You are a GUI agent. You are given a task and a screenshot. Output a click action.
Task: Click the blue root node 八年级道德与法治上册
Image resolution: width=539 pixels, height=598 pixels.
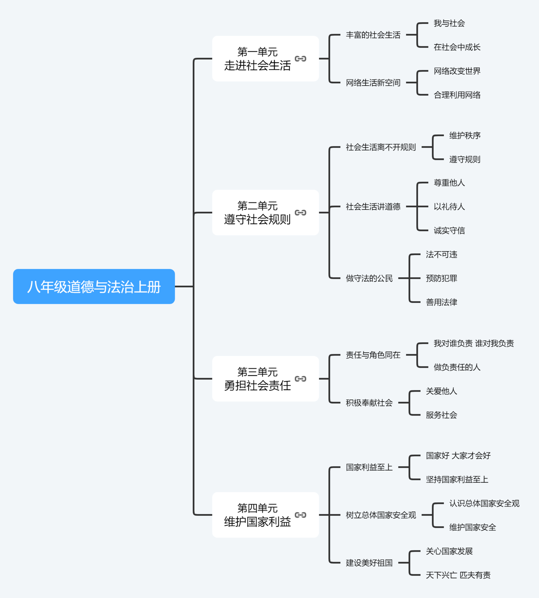pyautogui.click(x=94, y=287)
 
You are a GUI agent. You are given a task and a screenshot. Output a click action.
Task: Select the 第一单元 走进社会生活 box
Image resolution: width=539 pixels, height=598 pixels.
pyautogui.click(x=257, y=59)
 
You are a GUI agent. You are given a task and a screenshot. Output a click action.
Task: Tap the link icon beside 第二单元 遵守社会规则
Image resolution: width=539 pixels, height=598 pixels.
pyautogui.click(x=300, y=213)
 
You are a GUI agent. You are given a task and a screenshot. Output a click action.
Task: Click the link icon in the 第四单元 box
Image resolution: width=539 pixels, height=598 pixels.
pyautogui.click(x=300, y=515)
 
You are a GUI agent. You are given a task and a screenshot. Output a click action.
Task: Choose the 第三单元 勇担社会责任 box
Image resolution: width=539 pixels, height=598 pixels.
pyautogui.click(x=257, y=379)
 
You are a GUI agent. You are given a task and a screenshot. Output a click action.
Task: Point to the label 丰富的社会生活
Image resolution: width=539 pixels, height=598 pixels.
pyautogui.click(x=373, y=35)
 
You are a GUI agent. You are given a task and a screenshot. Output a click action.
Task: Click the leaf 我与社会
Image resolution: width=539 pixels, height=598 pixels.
pyautogui.click(x=449, y=23)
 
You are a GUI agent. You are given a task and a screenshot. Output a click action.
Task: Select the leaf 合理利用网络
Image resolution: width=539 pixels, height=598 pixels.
pyautogui.click(x=457, y=95)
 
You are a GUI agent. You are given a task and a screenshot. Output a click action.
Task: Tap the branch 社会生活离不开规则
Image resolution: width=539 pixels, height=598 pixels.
pyautogui.click(x=380, y=147)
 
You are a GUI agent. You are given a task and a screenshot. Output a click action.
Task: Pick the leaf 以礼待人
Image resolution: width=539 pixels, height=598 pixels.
pyautogui.click(x=449, y=207)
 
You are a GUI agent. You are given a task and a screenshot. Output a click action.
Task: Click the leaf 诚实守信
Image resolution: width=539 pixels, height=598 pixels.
pyautogui.click(x=449, y=231)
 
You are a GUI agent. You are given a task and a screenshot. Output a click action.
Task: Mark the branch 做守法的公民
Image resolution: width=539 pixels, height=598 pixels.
pyautogui.click(x=369, y=278)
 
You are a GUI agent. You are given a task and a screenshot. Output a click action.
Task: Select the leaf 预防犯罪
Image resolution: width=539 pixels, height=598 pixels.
pyautogui.click(x=441, y=278)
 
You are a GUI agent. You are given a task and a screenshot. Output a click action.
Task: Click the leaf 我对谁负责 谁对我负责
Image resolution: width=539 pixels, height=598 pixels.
pyautogui.click(x=474, y=344)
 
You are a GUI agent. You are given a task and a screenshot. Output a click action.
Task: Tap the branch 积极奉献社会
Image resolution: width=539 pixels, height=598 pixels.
pyautogui.click(x=369, y=403)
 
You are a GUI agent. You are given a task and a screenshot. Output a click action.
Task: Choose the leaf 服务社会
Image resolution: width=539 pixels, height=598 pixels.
pyautogui.click(x=441, y=415)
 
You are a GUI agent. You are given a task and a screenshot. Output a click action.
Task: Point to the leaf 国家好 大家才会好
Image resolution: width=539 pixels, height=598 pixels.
pyautogui.click(x=458, y=456)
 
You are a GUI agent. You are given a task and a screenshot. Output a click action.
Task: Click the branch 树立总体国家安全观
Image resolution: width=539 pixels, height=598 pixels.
pyautogui.click(x=380, y=515)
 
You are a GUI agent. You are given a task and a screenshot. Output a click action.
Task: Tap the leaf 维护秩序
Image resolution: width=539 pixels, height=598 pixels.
pyautogui.click(x=465, y=136)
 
